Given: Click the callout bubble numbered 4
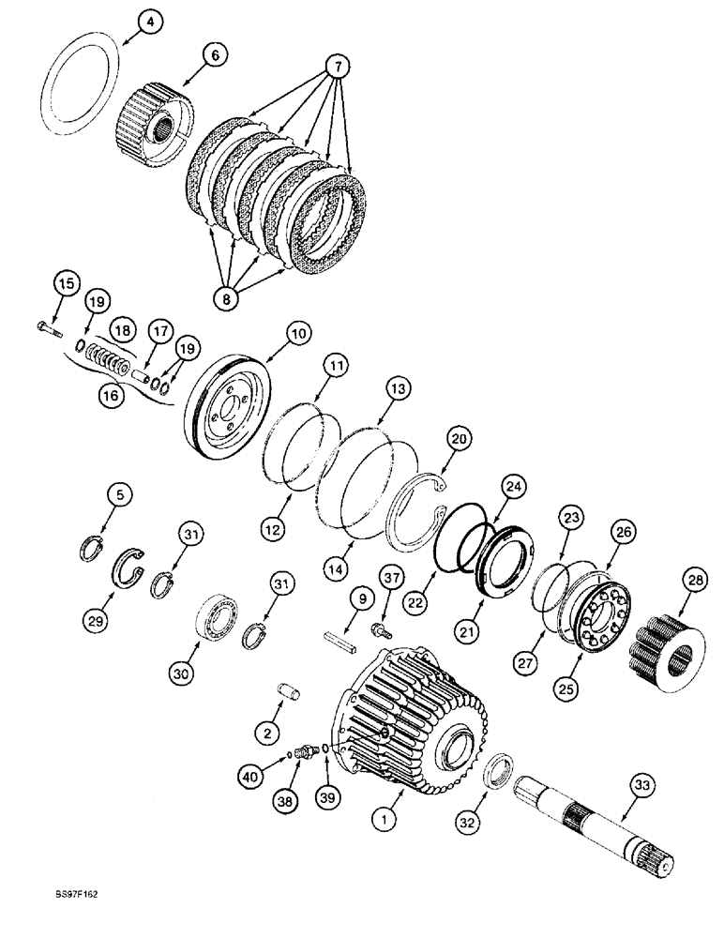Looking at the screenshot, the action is pyautogui.click(x=150, y=23).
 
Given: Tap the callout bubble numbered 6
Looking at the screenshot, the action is pyautogui.click(x=216, y=55).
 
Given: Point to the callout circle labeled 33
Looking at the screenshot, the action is pyautogui.click(x=642, y=785).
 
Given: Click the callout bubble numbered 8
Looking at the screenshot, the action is pyautogui.click(x=226, y=298).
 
